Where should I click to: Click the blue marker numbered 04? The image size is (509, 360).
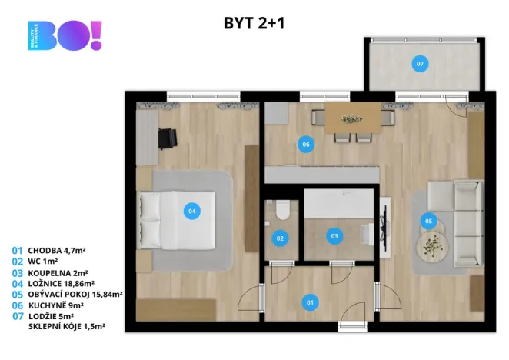click(x=192, y=212)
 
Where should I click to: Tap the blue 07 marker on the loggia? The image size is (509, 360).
click(x=420, y=64)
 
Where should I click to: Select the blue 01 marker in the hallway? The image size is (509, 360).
click(x=310, y=302)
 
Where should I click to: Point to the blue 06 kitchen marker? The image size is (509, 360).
click(x=306, y=145)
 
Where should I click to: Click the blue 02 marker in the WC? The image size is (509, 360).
click(x=280, y=238)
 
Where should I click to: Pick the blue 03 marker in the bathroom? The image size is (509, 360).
click(x=334, y=236)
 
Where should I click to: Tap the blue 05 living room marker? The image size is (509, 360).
click(x=428, y=221)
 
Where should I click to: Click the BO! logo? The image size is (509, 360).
click(x=65, y=35)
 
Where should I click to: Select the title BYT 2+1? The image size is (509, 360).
click(x=254, y=23)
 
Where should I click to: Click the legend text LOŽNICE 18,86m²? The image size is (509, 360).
click(x=62, y=284)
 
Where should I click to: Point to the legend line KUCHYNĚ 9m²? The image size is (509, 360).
click(x=56, y=305)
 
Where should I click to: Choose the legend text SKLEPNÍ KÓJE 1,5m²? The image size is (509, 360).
click(x=67, y=326)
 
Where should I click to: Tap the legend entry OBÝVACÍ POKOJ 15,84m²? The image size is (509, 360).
click(x=75, y=295)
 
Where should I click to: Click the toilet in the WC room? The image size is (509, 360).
click(x=282, y=210)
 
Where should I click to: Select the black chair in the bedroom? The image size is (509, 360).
click(x=168, y=138)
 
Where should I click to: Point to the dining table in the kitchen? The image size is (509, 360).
click(x=353, y=118)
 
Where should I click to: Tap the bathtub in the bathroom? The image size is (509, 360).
click(x=339, y=204)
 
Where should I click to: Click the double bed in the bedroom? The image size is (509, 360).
click(x=177, y=220)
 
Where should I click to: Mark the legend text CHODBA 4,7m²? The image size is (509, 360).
click(x=57, y=251)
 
